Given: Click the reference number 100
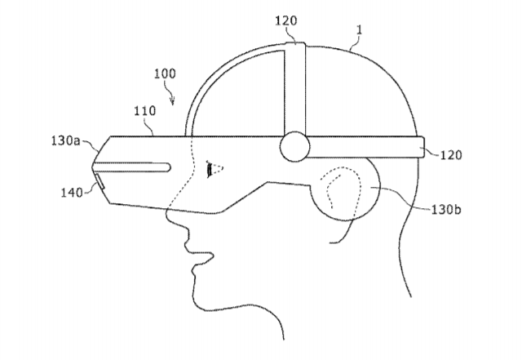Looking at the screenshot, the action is pos(165,73).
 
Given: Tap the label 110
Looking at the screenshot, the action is pos(145,111).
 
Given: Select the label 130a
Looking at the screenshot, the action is pos(65,140).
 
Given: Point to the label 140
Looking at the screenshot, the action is pos(71,193).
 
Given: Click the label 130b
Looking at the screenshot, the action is pos(446,210).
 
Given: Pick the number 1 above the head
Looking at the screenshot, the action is pos(359,30).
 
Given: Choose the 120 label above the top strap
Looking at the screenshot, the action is pos(285,20).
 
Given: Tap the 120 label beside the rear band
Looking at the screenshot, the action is pos(451,155).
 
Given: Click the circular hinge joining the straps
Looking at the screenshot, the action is pos(294,147).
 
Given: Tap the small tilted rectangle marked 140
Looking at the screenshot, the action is pos(100,182).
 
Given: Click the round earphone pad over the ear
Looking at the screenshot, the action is pos(344,189).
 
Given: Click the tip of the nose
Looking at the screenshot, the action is pos(167,217).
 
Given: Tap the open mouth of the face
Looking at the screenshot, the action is pos(200,256).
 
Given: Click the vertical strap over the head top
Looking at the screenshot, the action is pos(295,88).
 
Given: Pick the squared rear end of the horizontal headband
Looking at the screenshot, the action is pos(421,147).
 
